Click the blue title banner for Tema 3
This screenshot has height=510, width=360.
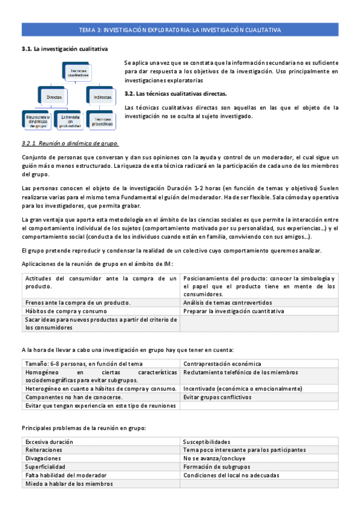coord(180,29)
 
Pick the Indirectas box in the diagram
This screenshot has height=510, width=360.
coord(102,96)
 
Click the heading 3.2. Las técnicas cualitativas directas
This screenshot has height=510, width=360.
coord(175,94)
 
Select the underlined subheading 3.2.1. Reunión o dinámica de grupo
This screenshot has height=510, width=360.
coord(70,143)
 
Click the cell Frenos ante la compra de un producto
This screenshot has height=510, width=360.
coord(78,303)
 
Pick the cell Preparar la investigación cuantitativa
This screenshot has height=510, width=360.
coord(233,311)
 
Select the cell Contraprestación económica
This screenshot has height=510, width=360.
coord(222,363)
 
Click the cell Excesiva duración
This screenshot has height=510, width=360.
coord(49,441)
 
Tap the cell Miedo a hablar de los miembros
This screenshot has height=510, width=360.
coord(69,483)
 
